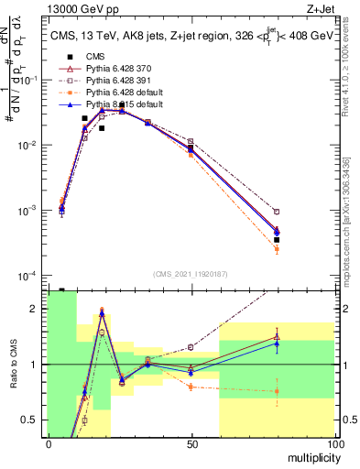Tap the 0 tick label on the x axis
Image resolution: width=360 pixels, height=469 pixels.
pos(49,444)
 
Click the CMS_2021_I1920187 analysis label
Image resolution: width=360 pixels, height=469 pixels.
pos(191,273)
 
